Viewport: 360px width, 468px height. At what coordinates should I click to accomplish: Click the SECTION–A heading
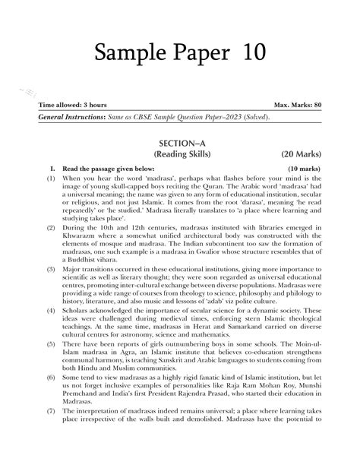click(x=180, y=143)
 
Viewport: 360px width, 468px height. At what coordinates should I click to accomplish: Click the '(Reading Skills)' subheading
click(x=180, y=156)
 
